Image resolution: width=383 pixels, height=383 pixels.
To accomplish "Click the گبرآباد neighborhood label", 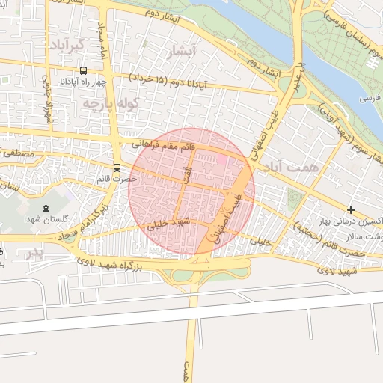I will (69, 45).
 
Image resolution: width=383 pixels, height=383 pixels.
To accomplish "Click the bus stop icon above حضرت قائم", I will (117, 168).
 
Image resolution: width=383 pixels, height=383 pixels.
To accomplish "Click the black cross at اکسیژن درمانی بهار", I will (351, 208).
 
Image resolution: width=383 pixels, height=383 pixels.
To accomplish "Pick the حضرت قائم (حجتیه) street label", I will (330, 239).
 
